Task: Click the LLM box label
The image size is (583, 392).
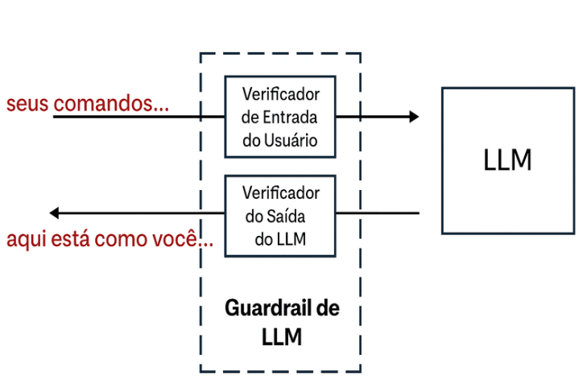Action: pos(508,160)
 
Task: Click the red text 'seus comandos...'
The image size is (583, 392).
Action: pos(88,104)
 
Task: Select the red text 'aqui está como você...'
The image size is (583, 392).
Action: pos(110,239)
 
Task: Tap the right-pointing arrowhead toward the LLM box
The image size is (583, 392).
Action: pos(414,117)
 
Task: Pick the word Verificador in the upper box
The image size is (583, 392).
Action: pos(281,93)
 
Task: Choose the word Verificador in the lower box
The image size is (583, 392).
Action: pos(281,193)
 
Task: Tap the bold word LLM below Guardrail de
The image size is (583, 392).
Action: pos(282,336)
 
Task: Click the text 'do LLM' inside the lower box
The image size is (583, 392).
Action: pos(279,239)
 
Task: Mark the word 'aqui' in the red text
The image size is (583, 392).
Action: pos(23,240)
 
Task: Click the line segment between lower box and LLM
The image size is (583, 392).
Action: pos(377,213)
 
